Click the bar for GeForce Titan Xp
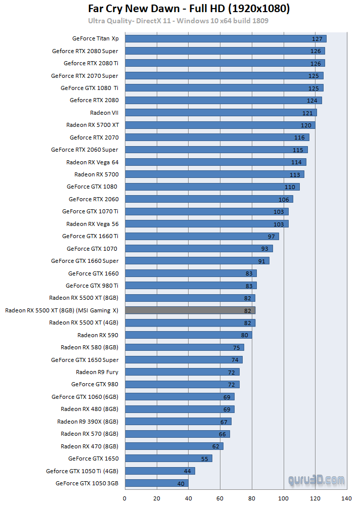click(x=226, y=38)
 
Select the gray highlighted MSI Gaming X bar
click(x=190, y=310)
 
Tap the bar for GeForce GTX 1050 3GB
click(x=156, y=483)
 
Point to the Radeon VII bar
click(x=220, y=113)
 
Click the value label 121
click(x=307, y=113)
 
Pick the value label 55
click(x=204, y=459)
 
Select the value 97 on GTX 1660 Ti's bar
click(x=271, y=237)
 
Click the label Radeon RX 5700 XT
click(x=93, y=125)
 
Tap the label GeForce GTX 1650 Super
click(x=85, y=360)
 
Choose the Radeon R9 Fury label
click(x=97, y=372)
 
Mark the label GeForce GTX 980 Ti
click(x=92, y=286)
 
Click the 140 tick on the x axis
click(x=347, y=498)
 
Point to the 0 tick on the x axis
click(x=125, y=498)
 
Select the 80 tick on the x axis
click(x=252, y=498)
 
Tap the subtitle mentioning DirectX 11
click(x=178, y=21)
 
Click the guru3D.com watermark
click(x=317, y=479)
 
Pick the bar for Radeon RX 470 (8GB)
click(x=174, y=446)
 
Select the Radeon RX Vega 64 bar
click(x=215, y=162)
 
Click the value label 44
click(x=187, y=471)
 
